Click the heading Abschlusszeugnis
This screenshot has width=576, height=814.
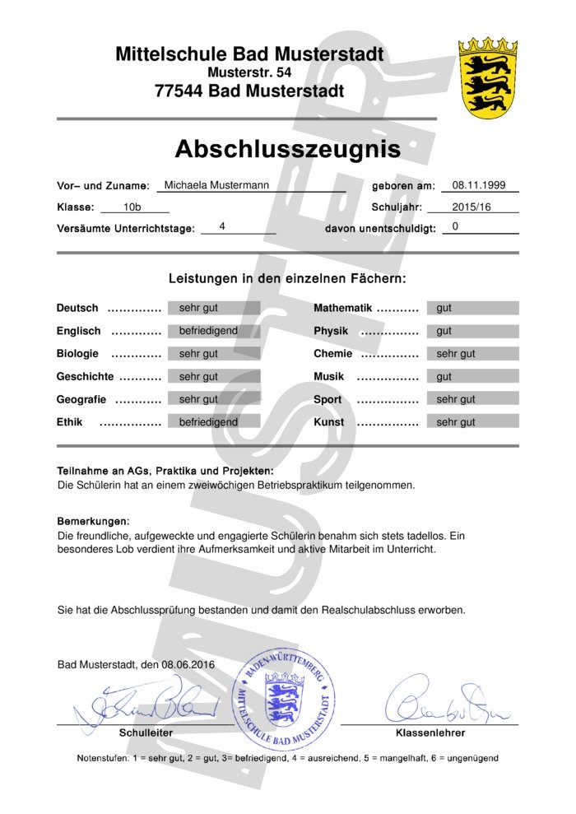[x=287, y=149]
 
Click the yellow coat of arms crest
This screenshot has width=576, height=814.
[x=487, y=78]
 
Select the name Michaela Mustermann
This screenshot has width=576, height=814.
[x=216, y=186]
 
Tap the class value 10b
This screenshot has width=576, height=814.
[x=132, y=207]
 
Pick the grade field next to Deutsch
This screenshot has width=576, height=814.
[x=214, y=308]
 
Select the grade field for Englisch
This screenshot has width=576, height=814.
[x=214, y=331]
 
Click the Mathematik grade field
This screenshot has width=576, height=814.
[x=472, y=308]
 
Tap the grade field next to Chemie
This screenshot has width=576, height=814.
[x=472, y=354]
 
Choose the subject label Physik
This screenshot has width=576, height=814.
[x=331, y=331]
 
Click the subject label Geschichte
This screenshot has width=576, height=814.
[x=85, y=376]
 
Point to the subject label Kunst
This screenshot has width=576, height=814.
[x=329, y=422]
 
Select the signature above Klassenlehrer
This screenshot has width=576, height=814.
[x=440, y=704]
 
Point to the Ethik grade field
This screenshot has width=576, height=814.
[x=214, y=422]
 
